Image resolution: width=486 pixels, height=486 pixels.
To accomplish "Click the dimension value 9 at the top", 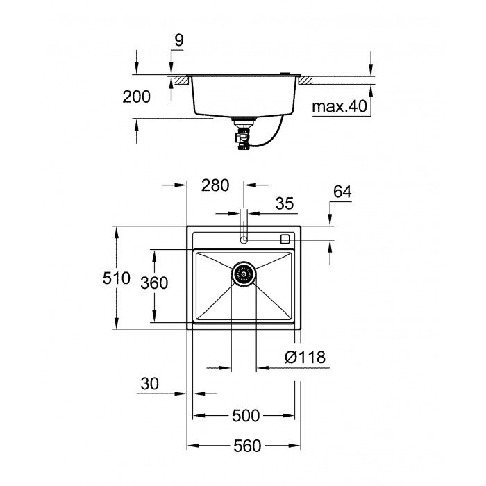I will point(178,40).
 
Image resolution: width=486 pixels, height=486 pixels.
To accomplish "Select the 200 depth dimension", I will point(136,97).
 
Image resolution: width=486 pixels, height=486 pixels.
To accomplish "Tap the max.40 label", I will point(338,108).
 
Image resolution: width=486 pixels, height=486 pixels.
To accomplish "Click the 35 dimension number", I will point(285,203).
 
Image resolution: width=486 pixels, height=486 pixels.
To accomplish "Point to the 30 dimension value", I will point(149,383).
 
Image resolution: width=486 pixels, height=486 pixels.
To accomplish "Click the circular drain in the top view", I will point(244,274).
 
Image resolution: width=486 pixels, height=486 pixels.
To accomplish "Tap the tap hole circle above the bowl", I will point(244,240).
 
